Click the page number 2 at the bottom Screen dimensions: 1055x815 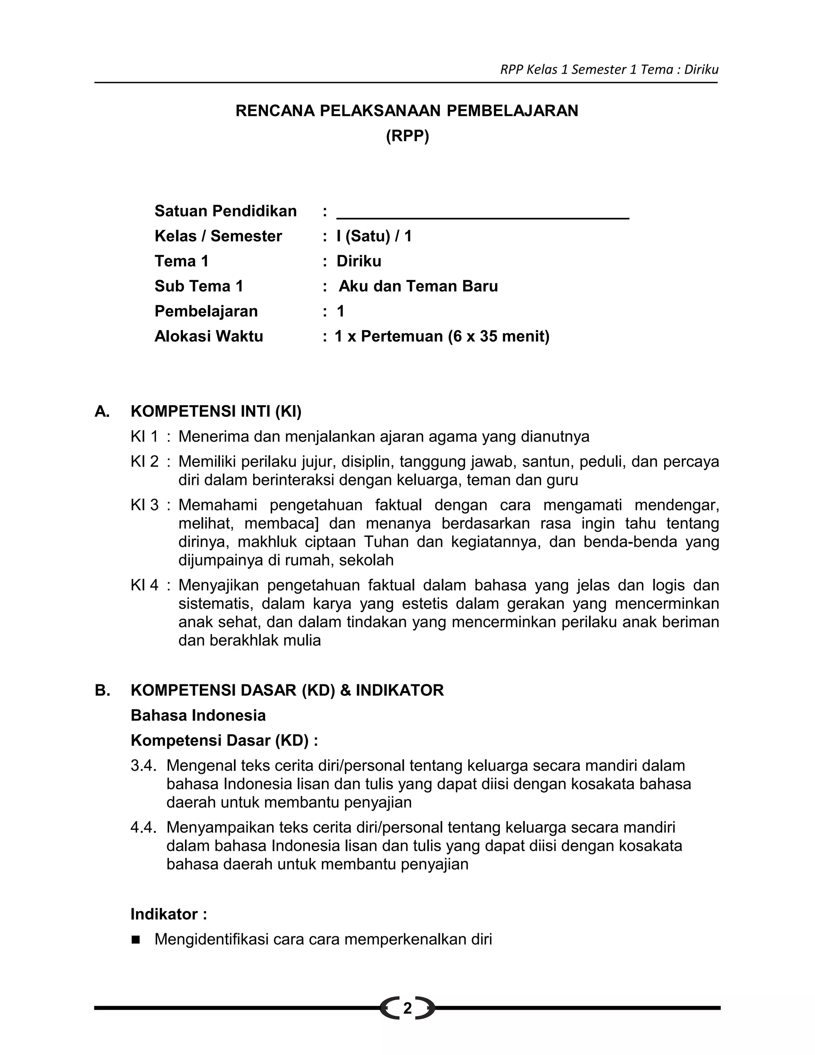tap(407, 1008)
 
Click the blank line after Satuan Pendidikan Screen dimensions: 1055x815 tap(482, 218)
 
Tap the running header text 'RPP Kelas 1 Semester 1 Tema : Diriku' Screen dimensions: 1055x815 tap(609, 70)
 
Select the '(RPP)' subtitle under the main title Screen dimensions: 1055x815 tap(407, 136)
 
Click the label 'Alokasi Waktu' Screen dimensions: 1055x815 tap(209, 336)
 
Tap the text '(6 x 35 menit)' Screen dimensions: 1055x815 tap(498, 336)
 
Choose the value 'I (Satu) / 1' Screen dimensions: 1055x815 tap(374, 236)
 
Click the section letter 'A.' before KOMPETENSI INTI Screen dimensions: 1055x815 tap(102, 412)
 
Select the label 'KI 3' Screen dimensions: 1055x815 tap(144, 505)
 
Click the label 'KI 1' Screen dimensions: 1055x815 tap(144, 437)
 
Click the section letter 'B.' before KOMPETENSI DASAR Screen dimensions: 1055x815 tap(102, 690)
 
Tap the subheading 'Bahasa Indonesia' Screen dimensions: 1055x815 tap(198, 715)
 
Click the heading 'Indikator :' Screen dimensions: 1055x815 tap(168, 914)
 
